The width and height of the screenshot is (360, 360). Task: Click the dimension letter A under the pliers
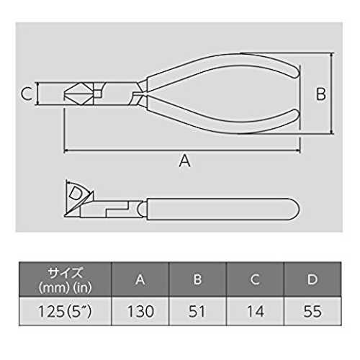184,161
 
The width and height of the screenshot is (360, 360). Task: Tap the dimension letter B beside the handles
321,94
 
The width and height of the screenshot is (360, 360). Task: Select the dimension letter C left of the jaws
27,94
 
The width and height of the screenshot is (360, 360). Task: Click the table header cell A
140,279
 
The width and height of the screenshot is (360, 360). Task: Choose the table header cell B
197,279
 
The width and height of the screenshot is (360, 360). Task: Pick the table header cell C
255,279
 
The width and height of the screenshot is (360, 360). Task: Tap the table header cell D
312,279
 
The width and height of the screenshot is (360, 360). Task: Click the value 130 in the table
140,311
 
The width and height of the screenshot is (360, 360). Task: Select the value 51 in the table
197,311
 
